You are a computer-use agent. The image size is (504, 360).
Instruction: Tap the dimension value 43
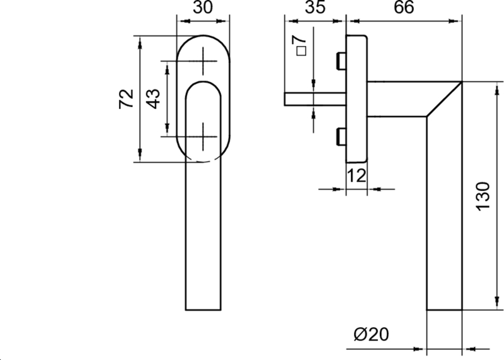tap(153, 98)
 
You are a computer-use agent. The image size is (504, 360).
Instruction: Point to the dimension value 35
tap(313, 9)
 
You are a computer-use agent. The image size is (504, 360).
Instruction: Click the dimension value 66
tap(403, 9)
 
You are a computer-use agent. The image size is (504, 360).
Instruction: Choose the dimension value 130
tap(482, 197)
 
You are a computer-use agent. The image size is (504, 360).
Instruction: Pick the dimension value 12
tap(357, 176)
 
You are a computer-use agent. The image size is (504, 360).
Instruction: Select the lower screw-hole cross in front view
tap(204, 136)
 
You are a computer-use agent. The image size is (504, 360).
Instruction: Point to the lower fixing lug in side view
tap(341, 136)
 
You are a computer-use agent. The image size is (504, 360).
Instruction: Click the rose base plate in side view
tap(356, 98)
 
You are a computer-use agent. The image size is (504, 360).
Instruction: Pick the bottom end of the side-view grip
tap(445, 309)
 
